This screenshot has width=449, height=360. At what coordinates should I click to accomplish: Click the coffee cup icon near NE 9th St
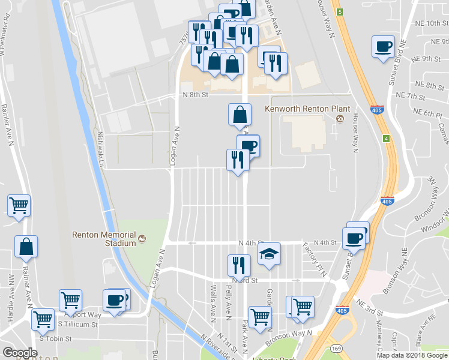pos(383,47)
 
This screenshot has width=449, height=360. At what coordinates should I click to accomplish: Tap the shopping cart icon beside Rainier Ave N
pos(19,206)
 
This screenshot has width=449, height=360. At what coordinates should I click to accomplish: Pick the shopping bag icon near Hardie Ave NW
pos(26,247)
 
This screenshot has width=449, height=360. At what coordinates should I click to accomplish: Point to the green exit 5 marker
pos(340,11)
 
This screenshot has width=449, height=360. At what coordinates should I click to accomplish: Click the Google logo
pos(20,353)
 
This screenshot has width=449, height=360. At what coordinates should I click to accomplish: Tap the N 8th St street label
pos(196,95)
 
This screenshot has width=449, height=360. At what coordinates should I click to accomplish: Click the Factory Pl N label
pos(308,260)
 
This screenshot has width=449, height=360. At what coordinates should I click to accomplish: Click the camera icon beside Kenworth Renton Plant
pos(340,119)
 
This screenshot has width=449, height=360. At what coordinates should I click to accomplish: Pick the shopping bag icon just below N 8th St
pos(240,114)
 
